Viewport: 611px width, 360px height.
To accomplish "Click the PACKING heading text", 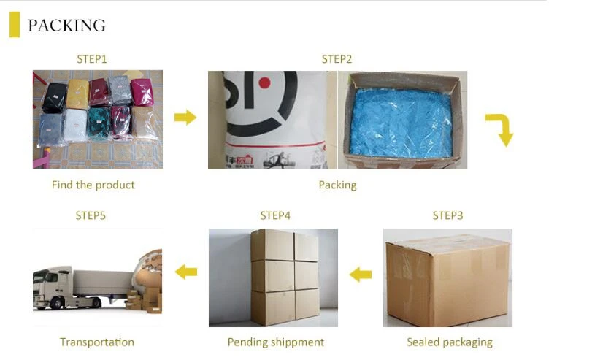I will (x=66, y=26).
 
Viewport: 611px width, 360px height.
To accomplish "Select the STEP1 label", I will (x=92, y=59).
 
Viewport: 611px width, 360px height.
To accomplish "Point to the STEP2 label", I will (x=337, y=59).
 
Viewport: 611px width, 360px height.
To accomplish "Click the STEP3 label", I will (x=447, y=215).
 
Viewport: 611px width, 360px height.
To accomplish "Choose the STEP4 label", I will (x=275, y=215).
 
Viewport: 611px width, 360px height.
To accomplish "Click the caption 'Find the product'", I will (x=93, y=185).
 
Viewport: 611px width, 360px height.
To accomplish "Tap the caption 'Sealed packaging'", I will (x=449, y=342).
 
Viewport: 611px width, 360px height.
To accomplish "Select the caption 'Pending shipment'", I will (x=275, y=342).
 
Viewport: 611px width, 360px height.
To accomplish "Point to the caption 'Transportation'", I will (x=97, y=342).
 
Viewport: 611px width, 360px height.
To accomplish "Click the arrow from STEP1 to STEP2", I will (x=185, y=117).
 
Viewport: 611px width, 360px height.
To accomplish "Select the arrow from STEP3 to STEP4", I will (x=361, y=275).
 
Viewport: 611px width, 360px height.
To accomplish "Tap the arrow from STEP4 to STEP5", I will (x=186, y=272).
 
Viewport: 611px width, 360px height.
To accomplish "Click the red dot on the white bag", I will (x=264, y=83).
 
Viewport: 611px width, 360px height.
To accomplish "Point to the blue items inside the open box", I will (x=401, y=120).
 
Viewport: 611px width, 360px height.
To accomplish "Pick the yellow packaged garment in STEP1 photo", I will (x=77, y=93).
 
